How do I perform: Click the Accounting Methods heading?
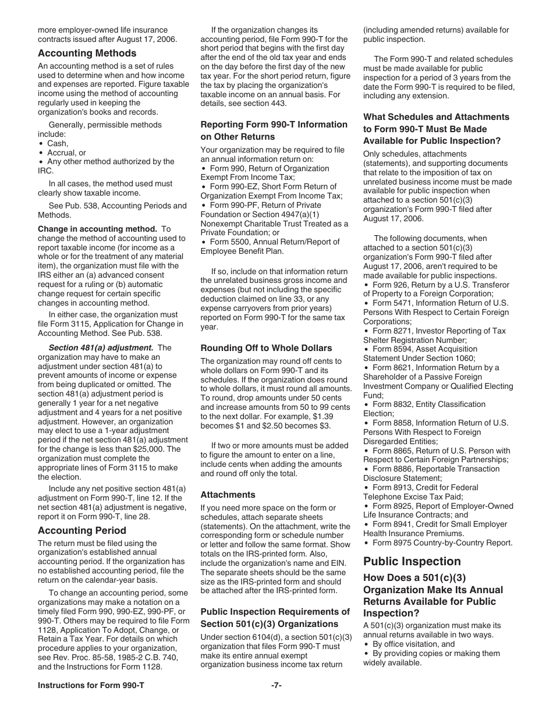pyautogui.click(x=87, y=54)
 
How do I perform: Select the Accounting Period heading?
pyautogui.click(x=82, y=530)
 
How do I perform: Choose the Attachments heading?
pyautogui.click(x=228, y=495)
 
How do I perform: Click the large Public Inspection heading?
pyautogui.click(x=412, y=561)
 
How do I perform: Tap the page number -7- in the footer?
pyautogui.click(x=276, y=685)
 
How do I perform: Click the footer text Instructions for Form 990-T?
pyautogui.click(x=91, y=685)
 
